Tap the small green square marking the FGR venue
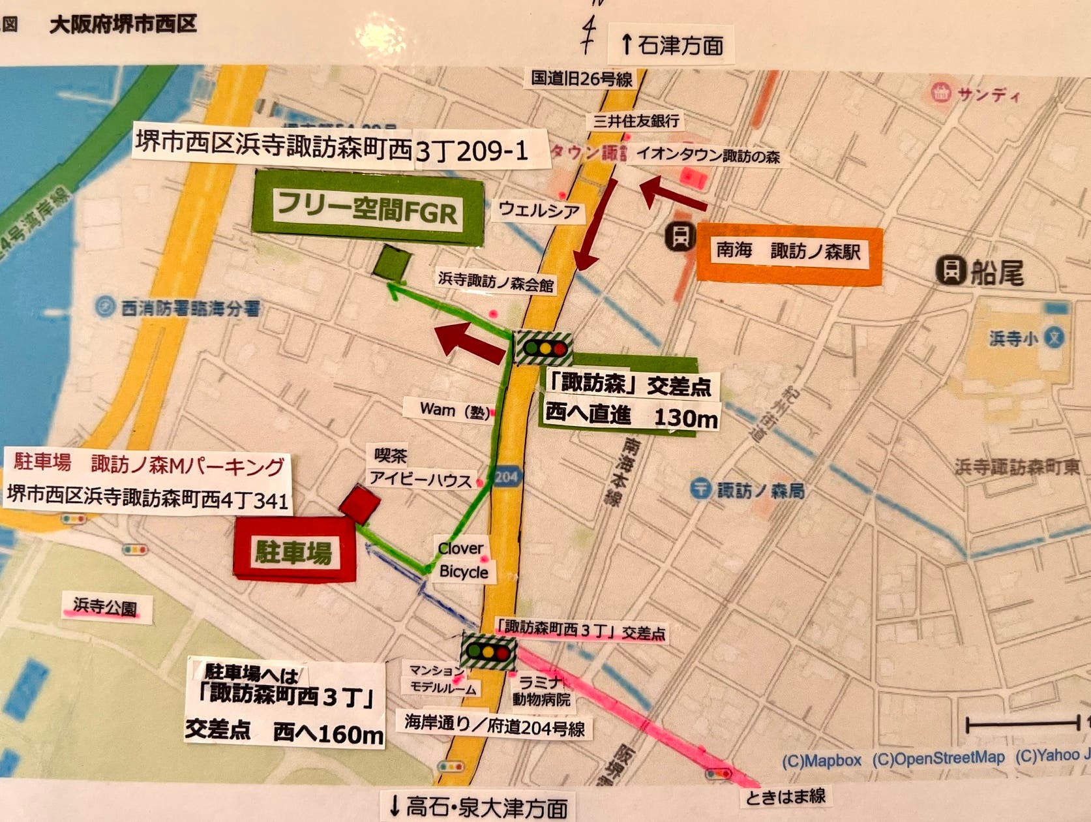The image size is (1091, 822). coord(393,263)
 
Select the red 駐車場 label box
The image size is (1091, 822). coord(295,551)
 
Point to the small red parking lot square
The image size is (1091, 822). coord(359,504)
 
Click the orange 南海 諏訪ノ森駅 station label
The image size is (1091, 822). coord(788,252)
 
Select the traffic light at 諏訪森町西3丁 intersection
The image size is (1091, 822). coord(488,651)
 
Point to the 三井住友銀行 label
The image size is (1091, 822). coord(636,121)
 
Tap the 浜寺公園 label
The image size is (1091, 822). coord(105,607)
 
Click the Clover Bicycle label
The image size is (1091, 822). coord(462,560)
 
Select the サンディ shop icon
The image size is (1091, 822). coord(941,93)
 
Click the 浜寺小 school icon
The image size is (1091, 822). coord(1054,337)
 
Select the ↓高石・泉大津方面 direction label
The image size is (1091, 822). coord(477,807)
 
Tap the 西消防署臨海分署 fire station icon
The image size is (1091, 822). coord(104,307)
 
